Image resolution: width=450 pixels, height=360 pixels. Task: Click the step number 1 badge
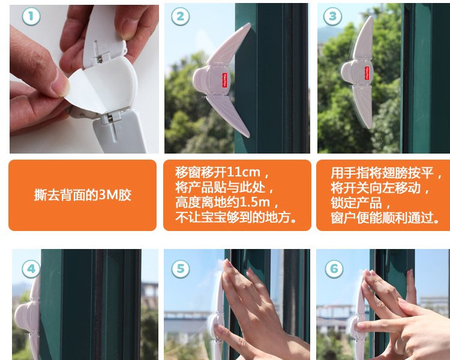31,16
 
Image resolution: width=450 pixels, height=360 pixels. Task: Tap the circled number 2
180,16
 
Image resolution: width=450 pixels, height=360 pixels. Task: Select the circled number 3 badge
332,16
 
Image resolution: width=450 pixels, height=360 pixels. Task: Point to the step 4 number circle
31,269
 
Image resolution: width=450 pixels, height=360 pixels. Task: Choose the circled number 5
180,269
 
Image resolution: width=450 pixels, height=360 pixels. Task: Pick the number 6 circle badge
334,269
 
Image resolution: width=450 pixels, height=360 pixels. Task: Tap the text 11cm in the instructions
244,172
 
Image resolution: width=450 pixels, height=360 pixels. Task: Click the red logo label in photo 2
225,80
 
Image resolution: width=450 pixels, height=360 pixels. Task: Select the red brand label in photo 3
367,73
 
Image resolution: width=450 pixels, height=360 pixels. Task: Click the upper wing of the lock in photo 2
229,44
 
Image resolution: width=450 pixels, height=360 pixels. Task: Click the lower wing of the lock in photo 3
362,106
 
